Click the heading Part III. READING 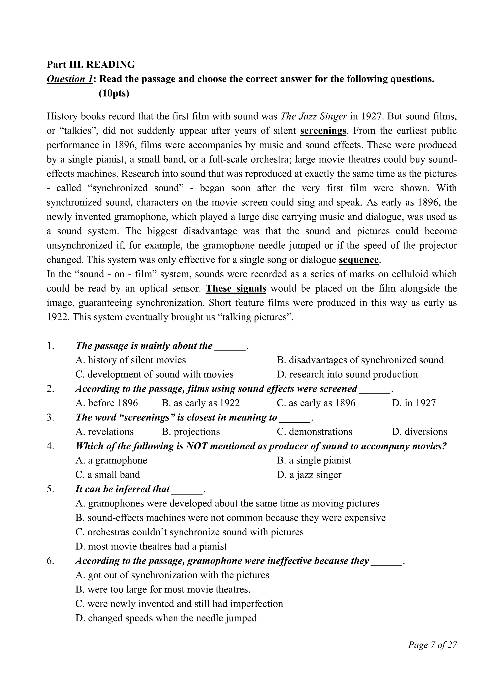click(x=91, y=64)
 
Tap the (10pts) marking click(x=114, y=93)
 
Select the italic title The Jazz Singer click(x=314, y=116)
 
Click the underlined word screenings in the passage click(x=323, y=131)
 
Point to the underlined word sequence click(x=359, y=260)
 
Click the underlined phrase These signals click(x=236, y=288)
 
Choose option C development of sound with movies click(x=154, y=374)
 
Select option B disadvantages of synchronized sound click(x=360, y=360)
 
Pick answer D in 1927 click(x=414, y=403)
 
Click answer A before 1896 click(x=107, y=403)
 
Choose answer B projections click(x=191, y=431)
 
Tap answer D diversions click(x=420, y=431)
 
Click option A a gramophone click(x=111, y=460)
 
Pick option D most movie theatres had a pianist click(x=151, y=546)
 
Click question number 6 click(x=50, y=561)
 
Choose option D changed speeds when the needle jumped click(x=166, y=618)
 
